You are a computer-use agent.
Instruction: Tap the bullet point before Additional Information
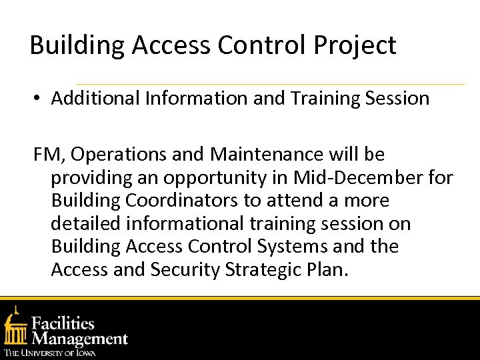coord(39,99)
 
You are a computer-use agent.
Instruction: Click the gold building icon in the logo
coord(15,326)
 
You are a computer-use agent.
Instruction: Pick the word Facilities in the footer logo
coord(63,323)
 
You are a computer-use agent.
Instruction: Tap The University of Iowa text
coord(50,352)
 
